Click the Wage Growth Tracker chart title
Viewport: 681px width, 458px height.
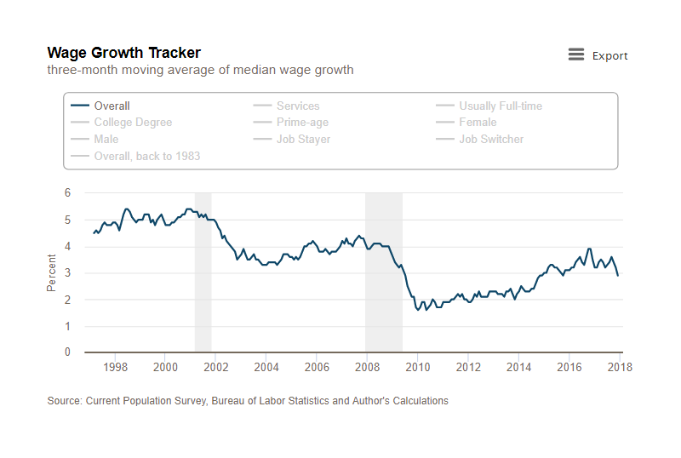[x=123, y=53]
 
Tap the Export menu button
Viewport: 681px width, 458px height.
[x=598, y=55]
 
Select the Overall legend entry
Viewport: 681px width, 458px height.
[x=100, y=106]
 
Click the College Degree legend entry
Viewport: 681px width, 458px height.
[x=121, y=122]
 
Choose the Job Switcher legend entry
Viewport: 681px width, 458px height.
[x=479, y=139]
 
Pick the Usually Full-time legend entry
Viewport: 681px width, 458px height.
[x=489, y=106]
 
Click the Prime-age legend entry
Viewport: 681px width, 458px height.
[x=290, y=122]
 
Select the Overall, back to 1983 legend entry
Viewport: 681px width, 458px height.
[x=135, y=156]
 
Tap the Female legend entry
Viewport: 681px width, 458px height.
[x=466, y=122]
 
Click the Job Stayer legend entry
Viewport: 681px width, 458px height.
[x=291, y=139]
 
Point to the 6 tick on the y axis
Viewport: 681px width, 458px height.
[x=67, y=192]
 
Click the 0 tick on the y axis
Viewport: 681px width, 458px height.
[x=67, y=352]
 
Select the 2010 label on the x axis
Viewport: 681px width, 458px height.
[x=417, y=367]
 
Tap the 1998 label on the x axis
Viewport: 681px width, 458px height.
[x=115, y=367]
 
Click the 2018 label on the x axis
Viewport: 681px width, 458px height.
[x=620, y=367]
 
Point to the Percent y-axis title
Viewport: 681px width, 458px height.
[x=51, y=273]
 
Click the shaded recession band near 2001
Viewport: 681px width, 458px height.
[x=203, y=272]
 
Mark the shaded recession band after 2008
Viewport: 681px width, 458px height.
[x=384, y=272]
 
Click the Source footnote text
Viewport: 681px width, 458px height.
[x=248, y=401]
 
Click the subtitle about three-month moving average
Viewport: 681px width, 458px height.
[x=200, y=70]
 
